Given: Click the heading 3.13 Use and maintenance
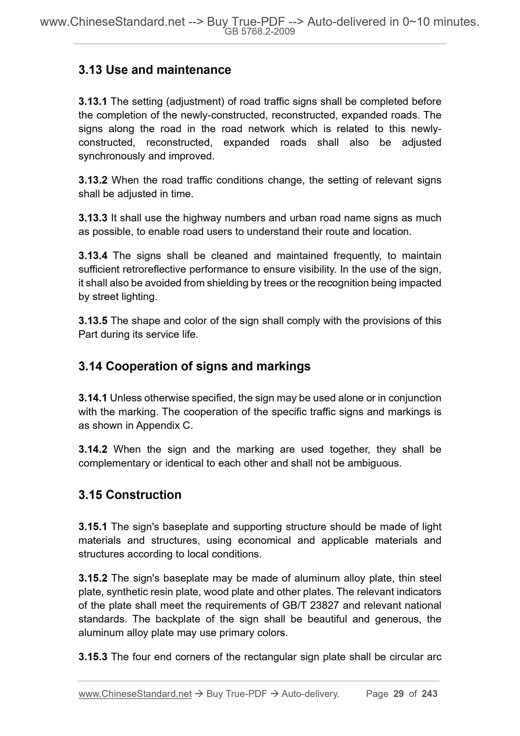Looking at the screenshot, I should (x=155, y=70).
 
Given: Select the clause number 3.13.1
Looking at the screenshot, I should (x=92, y=102).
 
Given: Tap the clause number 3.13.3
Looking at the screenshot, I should (x=92, y=218).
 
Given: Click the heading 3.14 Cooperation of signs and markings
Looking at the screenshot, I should (x=194, y=367).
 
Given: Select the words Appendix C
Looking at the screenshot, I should (x=164, y=426).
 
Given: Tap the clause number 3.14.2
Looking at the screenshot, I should (x=92, y=450).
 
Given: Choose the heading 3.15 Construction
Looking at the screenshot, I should (x=130, y=495).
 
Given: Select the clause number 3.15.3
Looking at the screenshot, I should (x=92, y=657).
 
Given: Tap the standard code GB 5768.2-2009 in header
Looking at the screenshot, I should (x=260, y=32).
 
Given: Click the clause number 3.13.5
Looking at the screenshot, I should (x=92, y=321).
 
